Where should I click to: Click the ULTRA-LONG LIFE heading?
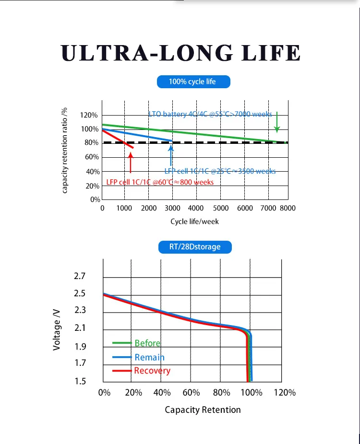pyautogui.click(x=181, y=53)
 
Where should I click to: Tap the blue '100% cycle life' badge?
pyautogui.click(x=194, y=82)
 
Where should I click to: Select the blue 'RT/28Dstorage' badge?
pyautogui.click(x=195, y=247)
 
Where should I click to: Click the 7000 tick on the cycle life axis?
pyautogui.click(x=267, y=209)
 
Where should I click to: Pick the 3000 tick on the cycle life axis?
pyautogui.click(x=172, y=209)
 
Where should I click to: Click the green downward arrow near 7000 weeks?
pyautogui.click(x=277, y=122)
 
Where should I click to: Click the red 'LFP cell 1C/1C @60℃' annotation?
pyautogui.click(x=160, y=182)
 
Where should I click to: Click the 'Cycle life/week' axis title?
pyautogui.click(x=194, y=222)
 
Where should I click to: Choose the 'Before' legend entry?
pyautogui.click(x=147, y=343)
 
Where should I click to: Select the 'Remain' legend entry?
pyautogui.click(x=149, y=357)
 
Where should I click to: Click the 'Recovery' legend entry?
pyautogui.click(x=152, y=371)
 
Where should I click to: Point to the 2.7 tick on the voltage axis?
pyautogui.click(x=80, y=277)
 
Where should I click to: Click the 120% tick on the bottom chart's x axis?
pyautogui.click(x=284, y=393)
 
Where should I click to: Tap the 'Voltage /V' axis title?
pyautogui.click(x=57, y=329)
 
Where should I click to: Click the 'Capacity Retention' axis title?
pyautogui.click(x=203, y=409)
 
